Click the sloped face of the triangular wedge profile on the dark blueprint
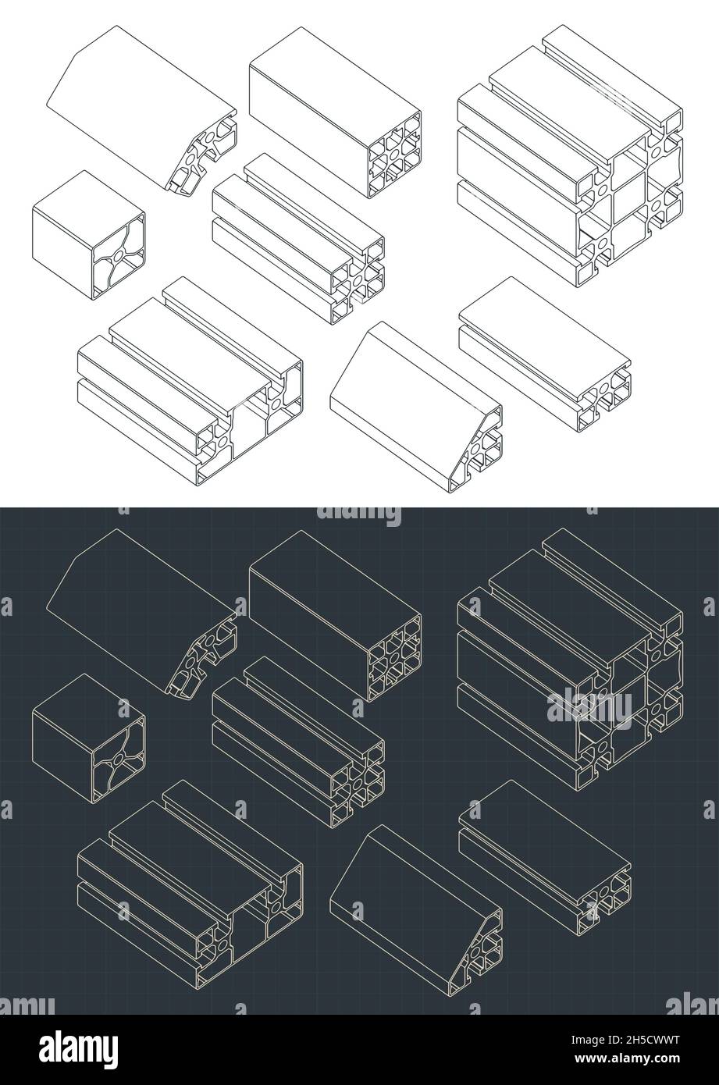406,874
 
